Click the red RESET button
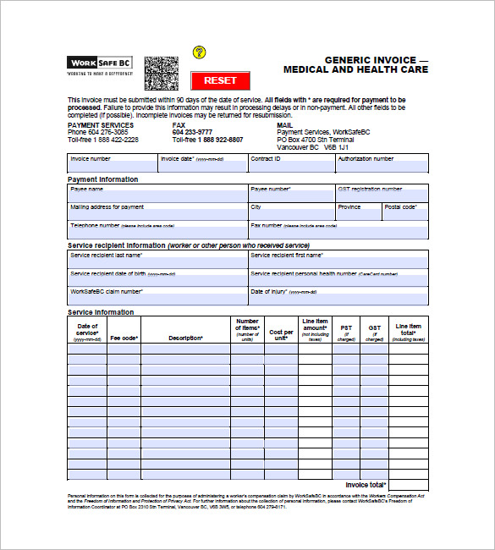point(220,80)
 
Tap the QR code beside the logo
point(161,74)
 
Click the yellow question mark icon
point(200,52)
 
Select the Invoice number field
point(113,167)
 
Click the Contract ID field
point(291,167)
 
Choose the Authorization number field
point(382,167)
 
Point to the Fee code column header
point(124,338)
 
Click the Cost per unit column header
point(281,334)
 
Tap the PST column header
point(346,332)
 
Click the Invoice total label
point(366,485)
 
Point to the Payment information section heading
point(102,179)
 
